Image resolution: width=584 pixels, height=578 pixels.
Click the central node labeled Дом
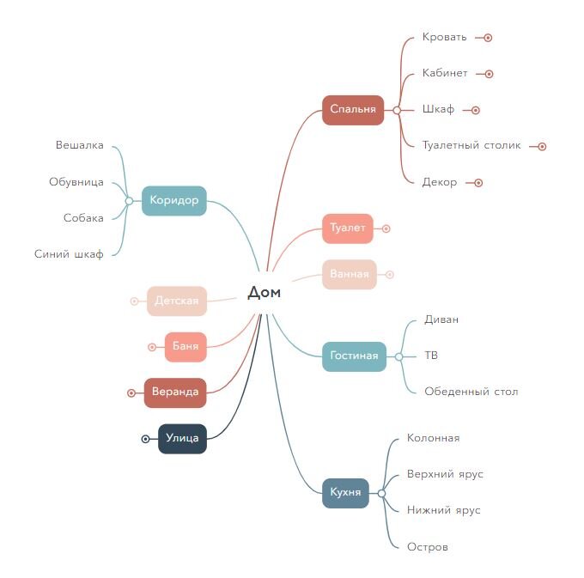pyautogui.click(x=264, y=292)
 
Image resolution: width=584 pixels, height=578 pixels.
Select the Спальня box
pyautogui.click(x=353, y=110)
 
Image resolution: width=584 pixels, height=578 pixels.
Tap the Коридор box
pyautogui.click(x=174, y=201)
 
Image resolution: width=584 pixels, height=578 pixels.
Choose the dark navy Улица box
pyautogui.click(x=182, y=439)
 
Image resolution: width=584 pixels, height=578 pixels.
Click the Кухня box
pyautogui.click(x=345, y=493)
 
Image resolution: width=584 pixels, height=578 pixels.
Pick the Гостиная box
pyautogui.click(x=354, y=356)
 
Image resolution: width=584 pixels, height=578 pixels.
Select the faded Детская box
pyautogui.click(x=177, y=301)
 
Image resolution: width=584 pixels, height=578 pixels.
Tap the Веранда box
pyautogui.click(x=175, y=392)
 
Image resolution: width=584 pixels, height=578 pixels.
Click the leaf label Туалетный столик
pyautogui.click(x=471, y=145)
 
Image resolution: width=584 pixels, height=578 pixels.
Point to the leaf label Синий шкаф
pyautogui.click(x=69, y=254)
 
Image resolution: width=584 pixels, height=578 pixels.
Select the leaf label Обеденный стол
pyautogui.click(x=471, y=392)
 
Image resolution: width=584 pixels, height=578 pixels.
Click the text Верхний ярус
pyautogui.click(x=445, y=474)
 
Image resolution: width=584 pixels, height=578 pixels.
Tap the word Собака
pyautogui.click(x=83, y=218)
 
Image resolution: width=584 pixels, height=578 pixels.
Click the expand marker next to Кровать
pyautogui.click(x=488, y=38)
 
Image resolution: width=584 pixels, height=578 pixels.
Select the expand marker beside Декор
pyautogui.click(x=478, y=183)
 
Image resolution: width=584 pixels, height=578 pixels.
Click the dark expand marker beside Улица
pyautogui.click(x=146, y=439)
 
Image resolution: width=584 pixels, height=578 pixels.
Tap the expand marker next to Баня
pyautogui.click(x=152, y=347)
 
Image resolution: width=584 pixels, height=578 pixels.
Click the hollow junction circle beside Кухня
pyautogui.click(x=381, y=494)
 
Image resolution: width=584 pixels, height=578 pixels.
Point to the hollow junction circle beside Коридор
pyautogui.click(x=129, y=201)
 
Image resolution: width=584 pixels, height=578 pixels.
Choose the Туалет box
pyautogui.click(x=348, y=228)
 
